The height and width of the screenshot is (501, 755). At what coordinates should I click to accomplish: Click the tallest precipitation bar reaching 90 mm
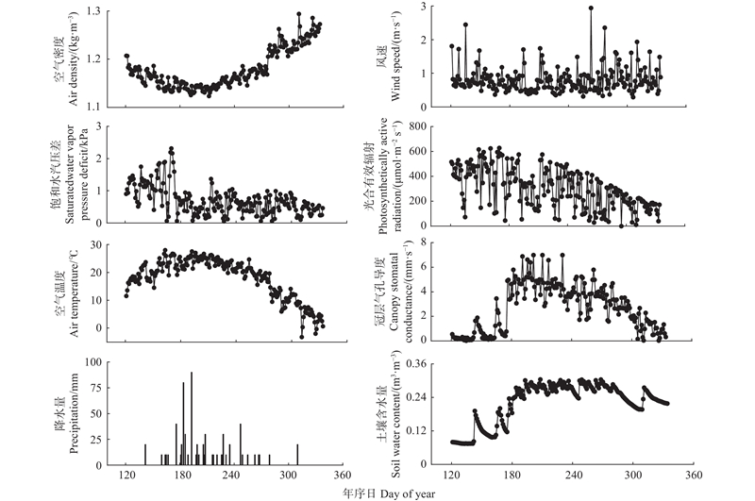click(192, 373)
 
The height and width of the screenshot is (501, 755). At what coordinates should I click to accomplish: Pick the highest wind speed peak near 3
click(591, 8)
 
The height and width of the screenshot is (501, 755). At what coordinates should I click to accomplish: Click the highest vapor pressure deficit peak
click(171, 149)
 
